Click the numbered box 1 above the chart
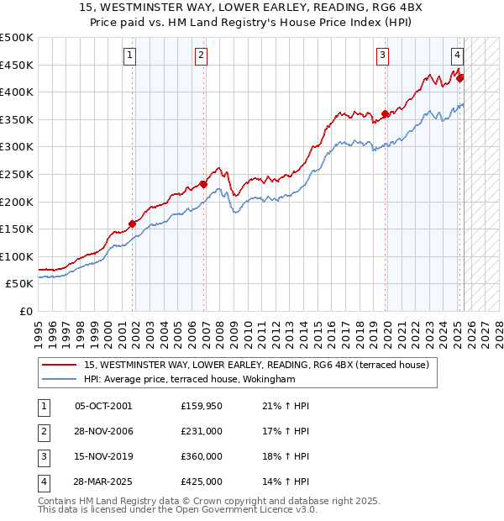[131, 56]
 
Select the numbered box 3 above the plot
[382, 56]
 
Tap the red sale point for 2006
[203, 185]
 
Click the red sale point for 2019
[385, 114]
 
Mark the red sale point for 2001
[132, 224]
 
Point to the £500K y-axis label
[17, 38]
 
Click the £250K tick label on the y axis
[17, 174]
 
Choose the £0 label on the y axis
[25, 311]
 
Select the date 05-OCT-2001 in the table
[103, 406]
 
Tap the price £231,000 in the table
[202, 431]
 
